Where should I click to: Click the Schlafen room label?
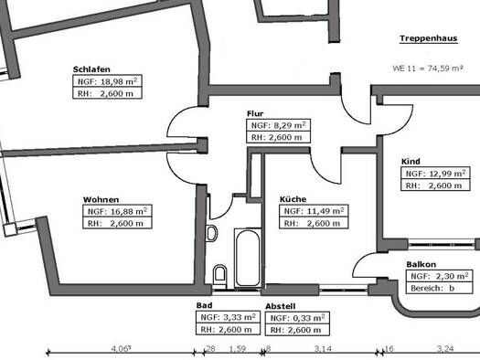(91, 69)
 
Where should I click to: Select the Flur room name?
(255, 114)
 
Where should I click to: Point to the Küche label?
(293, 199)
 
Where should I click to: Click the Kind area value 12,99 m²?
(448, 174)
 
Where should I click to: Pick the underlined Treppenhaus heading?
(429, 38)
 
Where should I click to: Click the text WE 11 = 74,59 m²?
(427, 69)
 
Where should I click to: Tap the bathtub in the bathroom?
(248, 258)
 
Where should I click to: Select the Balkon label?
(421, 264)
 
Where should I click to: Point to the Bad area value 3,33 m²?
(240, 317)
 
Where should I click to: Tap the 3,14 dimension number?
(323, 348)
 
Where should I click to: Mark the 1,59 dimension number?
(238, 348)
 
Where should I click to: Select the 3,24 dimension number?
(445, 348)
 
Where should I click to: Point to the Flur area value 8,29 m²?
(287, 125)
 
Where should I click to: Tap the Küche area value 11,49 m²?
(325, 211)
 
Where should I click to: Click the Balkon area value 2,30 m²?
(452, 276)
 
